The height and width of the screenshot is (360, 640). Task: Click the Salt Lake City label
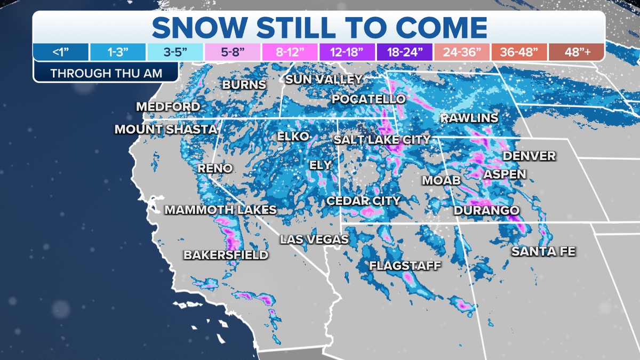pos(382,140)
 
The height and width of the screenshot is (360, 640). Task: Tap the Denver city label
pos(529,156)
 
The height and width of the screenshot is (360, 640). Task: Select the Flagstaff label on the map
pos(406,266)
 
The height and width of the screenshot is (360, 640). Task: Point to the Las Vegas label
pos(315,239)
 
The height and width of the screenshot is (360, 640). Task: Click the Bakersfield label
pos(226,255)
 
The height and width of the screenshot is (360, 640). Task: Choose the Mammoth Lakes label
pos(220,210)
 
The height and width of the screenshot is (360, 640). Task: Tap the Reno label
pos(215,169)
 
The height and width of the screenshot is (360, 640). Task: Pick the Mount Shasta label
pos(166,129)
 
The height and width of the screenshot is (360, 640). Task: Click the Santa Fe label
pos(543,251)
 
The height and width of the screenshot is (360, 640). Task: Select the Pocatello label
pos(369,99)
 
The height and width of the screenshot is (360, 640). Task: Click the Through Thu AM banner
pos(106,73)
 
